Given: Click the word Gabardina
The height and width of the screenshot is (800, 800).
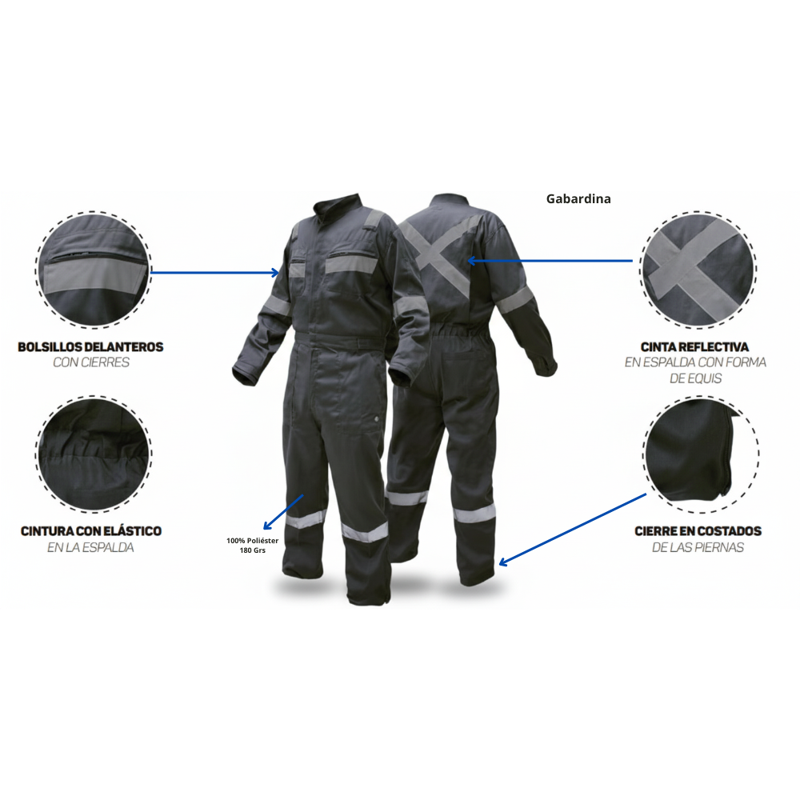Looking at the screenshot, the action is (x=578, y=198).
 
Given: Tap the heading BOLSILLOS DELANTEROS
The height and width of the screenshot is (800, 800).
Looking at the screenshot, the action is (x=91, y=347).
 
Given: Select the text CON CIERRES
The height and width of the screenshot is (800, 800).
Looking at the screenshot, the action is (x=91, y=362).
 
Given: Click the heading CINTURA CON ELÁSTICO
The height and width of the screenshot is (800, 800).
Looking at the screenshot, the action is (x=91, y=531).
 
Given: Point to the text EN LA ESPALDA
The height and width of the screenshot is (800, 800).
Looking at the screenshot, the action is (x=91, y=547).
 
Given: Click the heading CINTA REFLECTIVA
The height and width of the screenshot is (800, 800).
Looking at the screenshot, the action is (x=695, y=347).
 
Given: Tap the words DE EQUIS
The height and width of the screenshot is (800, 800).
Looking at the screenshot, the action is (x=696, y=378).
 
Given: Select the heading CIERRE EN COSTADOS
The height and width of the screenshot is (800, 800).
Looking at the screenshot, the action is (x=698, y=531).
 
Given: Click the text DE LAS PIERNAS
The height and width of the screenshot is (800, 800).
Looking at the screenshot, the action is (x=698, y=547).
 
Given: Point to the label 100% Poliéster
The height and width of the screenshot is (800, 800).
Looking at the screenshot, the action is (x=253, y=540).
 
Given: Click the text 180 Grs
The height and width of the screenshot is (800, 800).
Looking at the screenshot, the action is (x=253, y=550).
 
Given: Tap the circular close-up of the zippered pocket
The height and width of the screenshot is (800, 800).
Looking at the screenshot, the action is (x=94, y=270).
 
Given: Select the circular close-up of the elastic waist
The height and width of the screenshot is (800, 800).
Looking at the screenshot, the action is (x=94, y=454).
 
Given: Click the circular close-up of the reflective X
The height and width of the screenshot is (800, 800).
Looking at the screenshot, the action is (x=698, y=270).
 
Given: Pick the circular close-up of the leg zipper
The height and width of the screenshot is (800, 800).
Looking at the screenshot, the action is (x=701, y=454).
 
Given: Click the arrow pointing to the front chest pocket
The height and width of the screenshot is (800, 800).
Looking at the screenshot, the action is (x=214, y=273).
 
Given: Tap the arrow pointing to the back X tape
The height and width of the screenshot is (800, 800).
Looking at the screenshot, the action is (x=550, y=261).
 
